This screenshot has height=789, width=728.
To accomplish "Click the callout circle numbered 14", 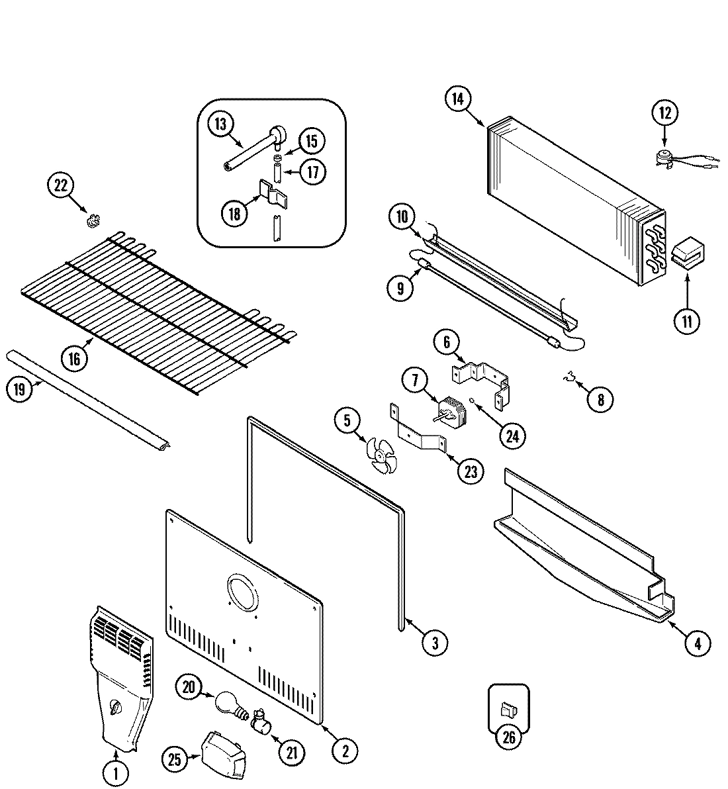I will [457, 99].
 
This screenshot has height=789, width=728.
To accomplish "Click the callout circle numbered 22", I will [61, 186].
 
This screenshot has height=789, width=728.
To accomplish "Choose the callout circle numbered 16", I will [74, 358].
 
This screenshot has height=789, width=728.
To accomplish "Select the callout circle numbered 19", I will [19, 389].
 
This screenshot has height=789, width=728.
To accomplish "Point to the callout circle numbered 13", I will [220, 122].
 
